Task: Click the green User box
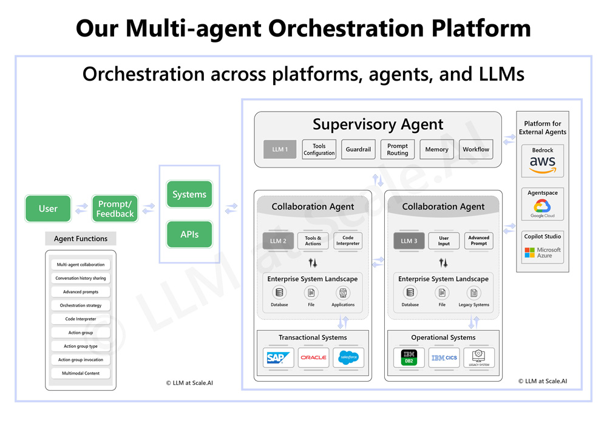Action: coord(48,208)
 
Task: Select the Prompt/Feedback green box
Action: coord(115,208)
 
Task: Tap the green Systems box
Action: coord(189,194)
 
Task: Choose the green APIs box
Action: coord(189,234)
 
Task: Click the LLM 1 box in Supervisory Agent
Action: coord(280,149)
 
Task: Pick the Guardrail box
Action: coord(358,149)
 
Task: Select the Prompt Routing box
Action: coord(398,149)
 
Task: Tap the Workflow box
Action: coord(476,149)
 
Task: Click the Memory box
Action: coord(436,149)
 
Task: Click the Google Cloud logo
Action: coord(542,208)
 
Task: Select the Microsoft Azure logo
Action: coord(542,252)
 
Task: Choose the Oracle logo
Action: coord(313,357)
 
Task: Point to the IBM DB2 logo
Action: coord(409,357)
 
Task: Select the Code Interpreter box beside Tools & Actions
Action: coord(348,241)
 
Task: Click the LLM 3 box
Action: coord(409,241)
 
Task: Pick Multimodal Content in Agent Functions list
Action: coord(81,373)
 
